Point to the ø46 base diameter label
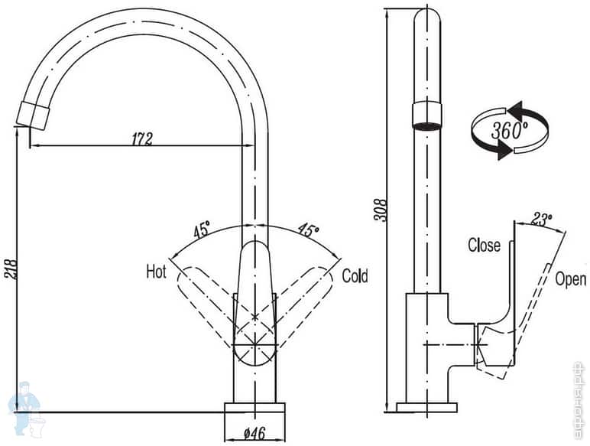pos(254,434)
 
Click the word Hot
pos(156,272)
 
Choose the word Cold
pos(355,275)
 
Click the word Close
pos(484,246)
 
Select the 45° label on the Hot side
pos(202,229)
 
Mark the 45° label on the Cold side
pos(308,229)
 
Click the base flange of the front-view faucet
pos(254,407)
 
